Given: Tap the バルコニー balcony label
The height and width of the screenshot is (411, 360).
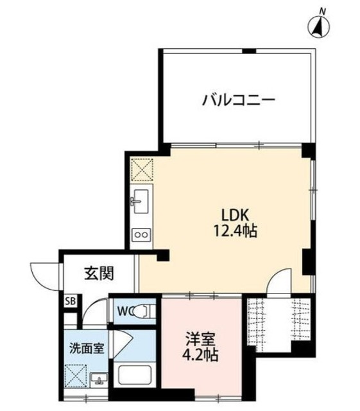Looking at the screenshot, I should (239, 100).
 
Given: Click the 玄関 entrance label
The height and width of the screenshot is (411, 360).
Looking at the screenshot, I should (99, 273).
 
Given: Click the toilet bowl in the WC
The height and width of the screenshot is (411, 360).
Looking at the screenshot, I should (147, 312).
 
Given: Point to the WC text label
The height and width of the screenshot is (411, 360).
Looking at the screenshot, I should (127, 312).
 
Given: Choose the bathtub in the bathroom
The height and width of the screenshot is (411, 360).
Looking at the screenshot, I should (133, 374).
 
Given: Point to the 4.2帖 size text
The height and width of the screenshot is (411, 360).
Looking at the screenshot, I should (198, 354).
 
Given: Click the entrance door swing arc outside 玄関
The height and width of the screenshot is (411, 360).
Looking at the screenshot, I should (45, 273).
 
